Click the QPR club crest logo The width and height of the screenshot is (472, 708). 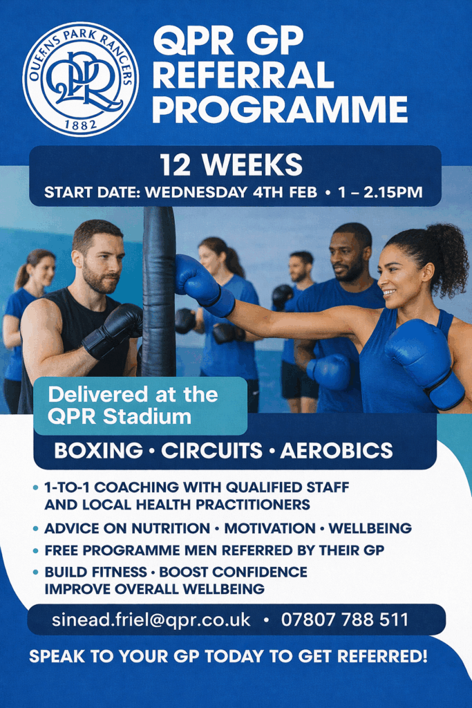tap(81, 80)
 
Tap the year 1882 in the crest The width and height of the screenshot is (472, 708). tap(81, 124)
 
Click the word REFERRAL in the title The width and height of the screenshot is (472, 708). tap(243, 75)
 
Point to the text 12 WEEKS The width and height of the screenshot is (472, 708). tap(231, 165)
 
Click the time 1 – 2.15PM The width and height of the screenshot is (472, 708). tap(380, 192)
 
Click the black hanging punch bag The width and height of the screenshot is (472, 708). tap(159, 291)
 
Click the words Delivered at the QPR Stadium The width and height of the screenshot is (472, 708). tap(133, 405)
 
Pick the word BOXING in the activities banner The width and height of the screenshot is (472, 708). tap(98, 451)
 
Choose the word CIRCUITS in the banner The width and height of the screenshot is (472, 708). tap(211, 451)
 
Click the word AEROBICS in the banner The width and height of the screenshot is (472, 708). tap(337, 451)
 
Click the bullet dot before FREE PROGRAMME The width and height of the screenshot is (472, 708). tap(36, 551)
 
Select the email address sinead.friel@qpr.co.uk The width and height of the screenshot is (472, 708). tap(151, 619)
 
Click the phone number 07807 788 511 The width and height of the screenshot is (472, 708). tap(345, 619)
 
